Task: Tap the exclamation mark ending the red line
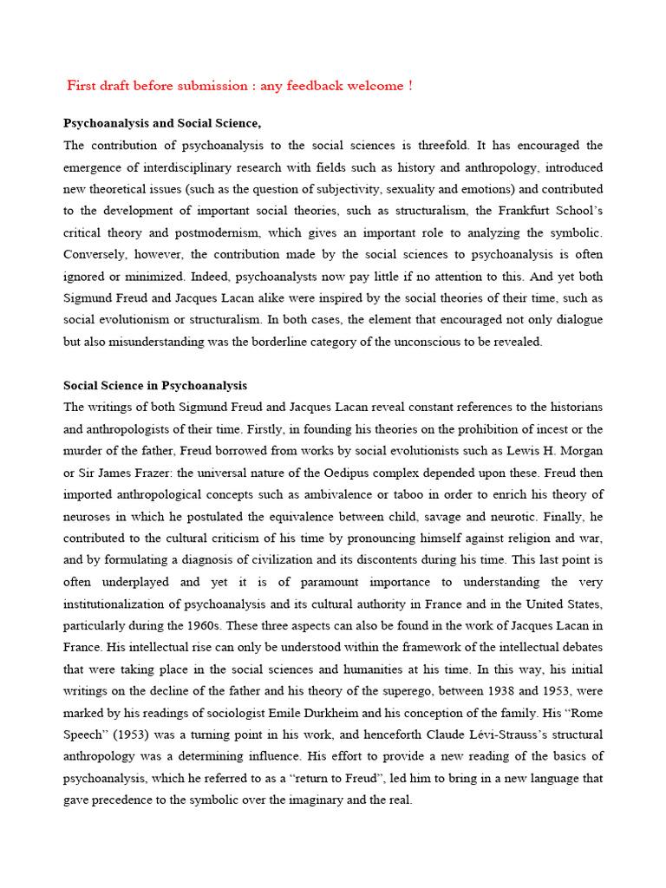tap(410, 85)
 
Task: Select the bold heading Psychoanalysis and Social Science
tap(162, 123)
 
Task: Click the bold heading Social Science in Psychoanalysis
tap(155, 385)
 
